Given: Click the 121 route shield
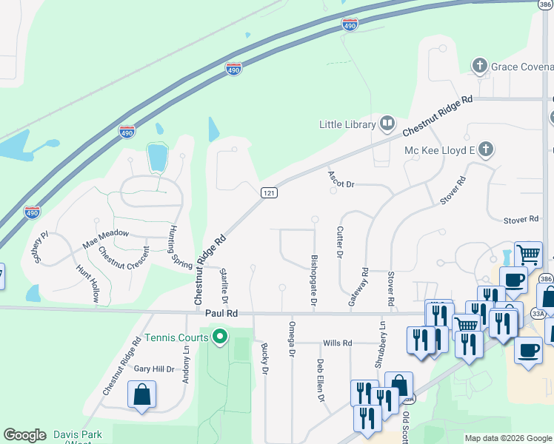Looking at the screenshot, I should click(270, 192).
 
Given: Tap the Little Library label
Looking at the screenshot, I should click(347, 124).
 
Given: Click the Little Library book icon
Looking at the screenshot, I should click(387, 123).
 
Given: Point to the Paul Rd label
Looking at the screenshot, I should click(221, 314).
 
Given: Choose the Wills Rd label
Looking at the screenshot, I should click(337, 343).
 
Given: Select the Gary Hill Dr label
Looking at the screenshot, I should click(153, 369).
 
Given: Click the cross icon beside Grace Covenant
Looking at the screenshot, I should click(480, 67).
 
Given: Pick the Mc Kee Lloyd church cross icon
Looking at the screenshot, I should click(485, 150).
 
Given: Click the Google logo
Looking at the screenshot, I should click(24, 435).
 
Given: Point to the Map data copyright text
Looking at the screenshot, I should click(508, 438).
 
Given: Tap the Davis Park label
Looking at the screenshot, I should click(77, 434).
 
